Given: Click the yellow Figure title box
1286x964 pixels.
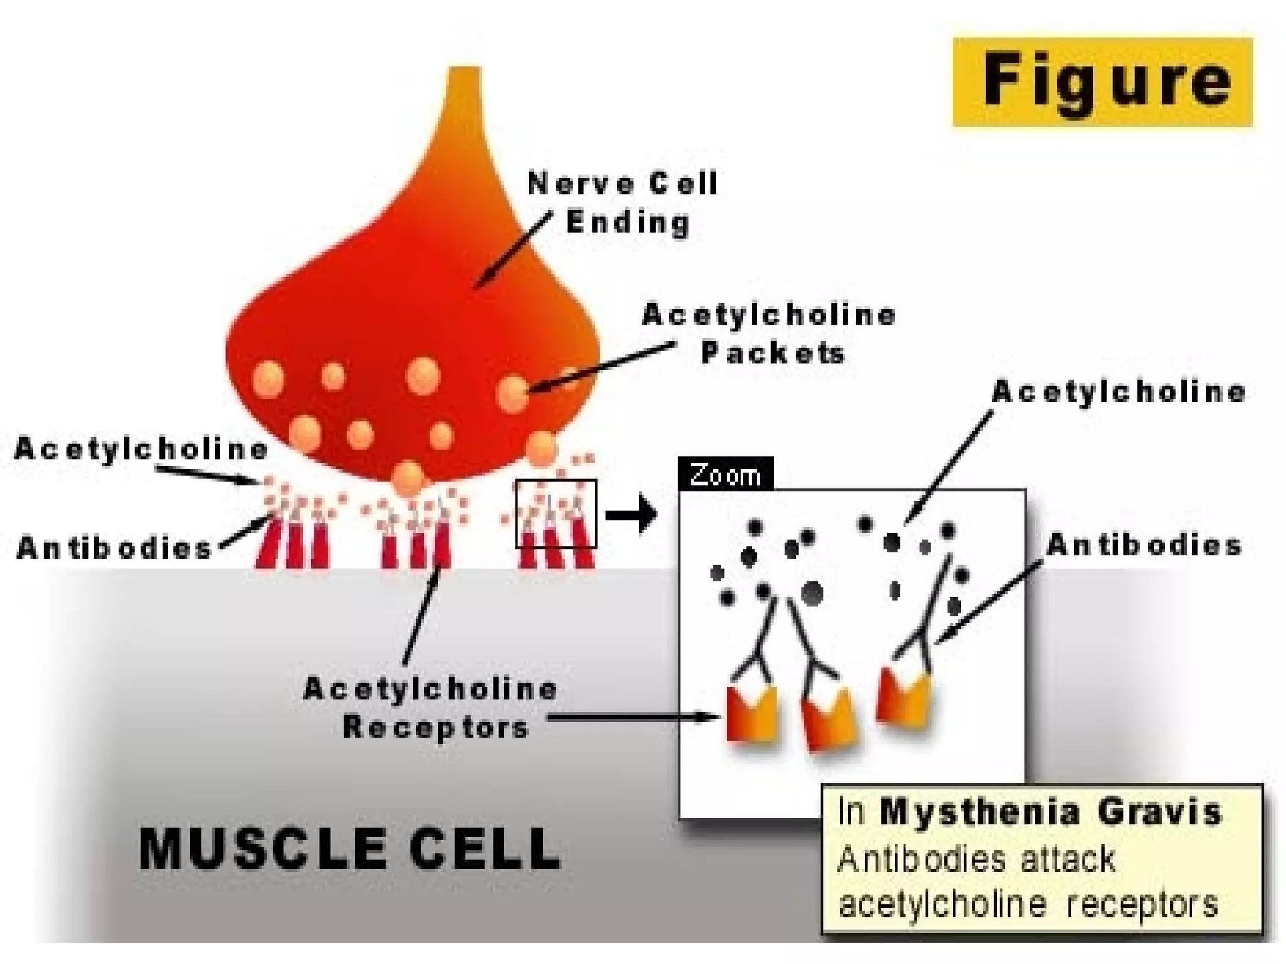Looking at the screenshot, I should pos(1102,82).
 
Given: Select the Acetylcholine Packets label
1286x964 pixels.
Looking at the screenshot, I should pos(769,333).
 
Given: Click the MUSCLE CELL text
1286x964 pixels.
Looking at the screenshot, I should pos(349,849).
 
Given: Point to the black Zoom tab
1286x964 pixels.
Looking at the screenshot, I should pos(725,474).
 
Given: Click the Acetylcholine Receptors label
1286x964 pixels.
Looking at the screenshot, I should pos(431,708).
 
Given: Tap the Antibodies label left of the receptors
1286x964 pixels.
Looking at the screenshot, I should pos(114,547).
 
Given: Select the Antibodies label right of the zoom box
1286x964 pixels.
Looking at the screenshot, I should pos(1144,545).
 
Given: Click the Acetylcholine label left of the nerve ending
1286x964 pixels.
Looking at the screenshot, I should pos(141,449).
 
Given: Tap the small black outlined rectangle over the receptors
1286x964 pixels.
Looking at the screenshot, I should pos(556,513).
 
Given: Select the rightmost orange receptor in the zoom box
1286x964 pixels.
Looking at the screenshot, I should pos(904,699).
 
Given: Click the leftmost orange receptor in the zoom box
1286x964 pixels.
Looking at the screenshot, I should pos(752,715).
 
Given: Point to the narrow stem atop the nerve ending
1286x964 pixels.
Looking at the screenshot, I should pos(465,100).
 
